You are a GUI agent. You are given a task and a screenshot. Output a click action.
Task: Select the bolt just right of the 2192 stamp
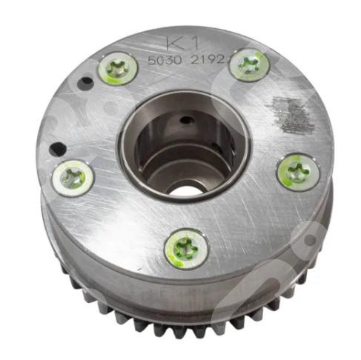[249, 65]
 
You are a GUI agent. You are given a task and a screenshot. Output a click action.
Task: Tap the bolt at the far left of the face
[73, 177]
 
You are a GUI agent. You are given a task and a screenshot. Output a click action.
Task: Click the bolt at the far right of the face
[298, 172]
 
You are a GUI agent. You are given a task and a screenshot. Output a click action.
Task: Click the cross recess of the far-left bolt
[73, 177]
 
